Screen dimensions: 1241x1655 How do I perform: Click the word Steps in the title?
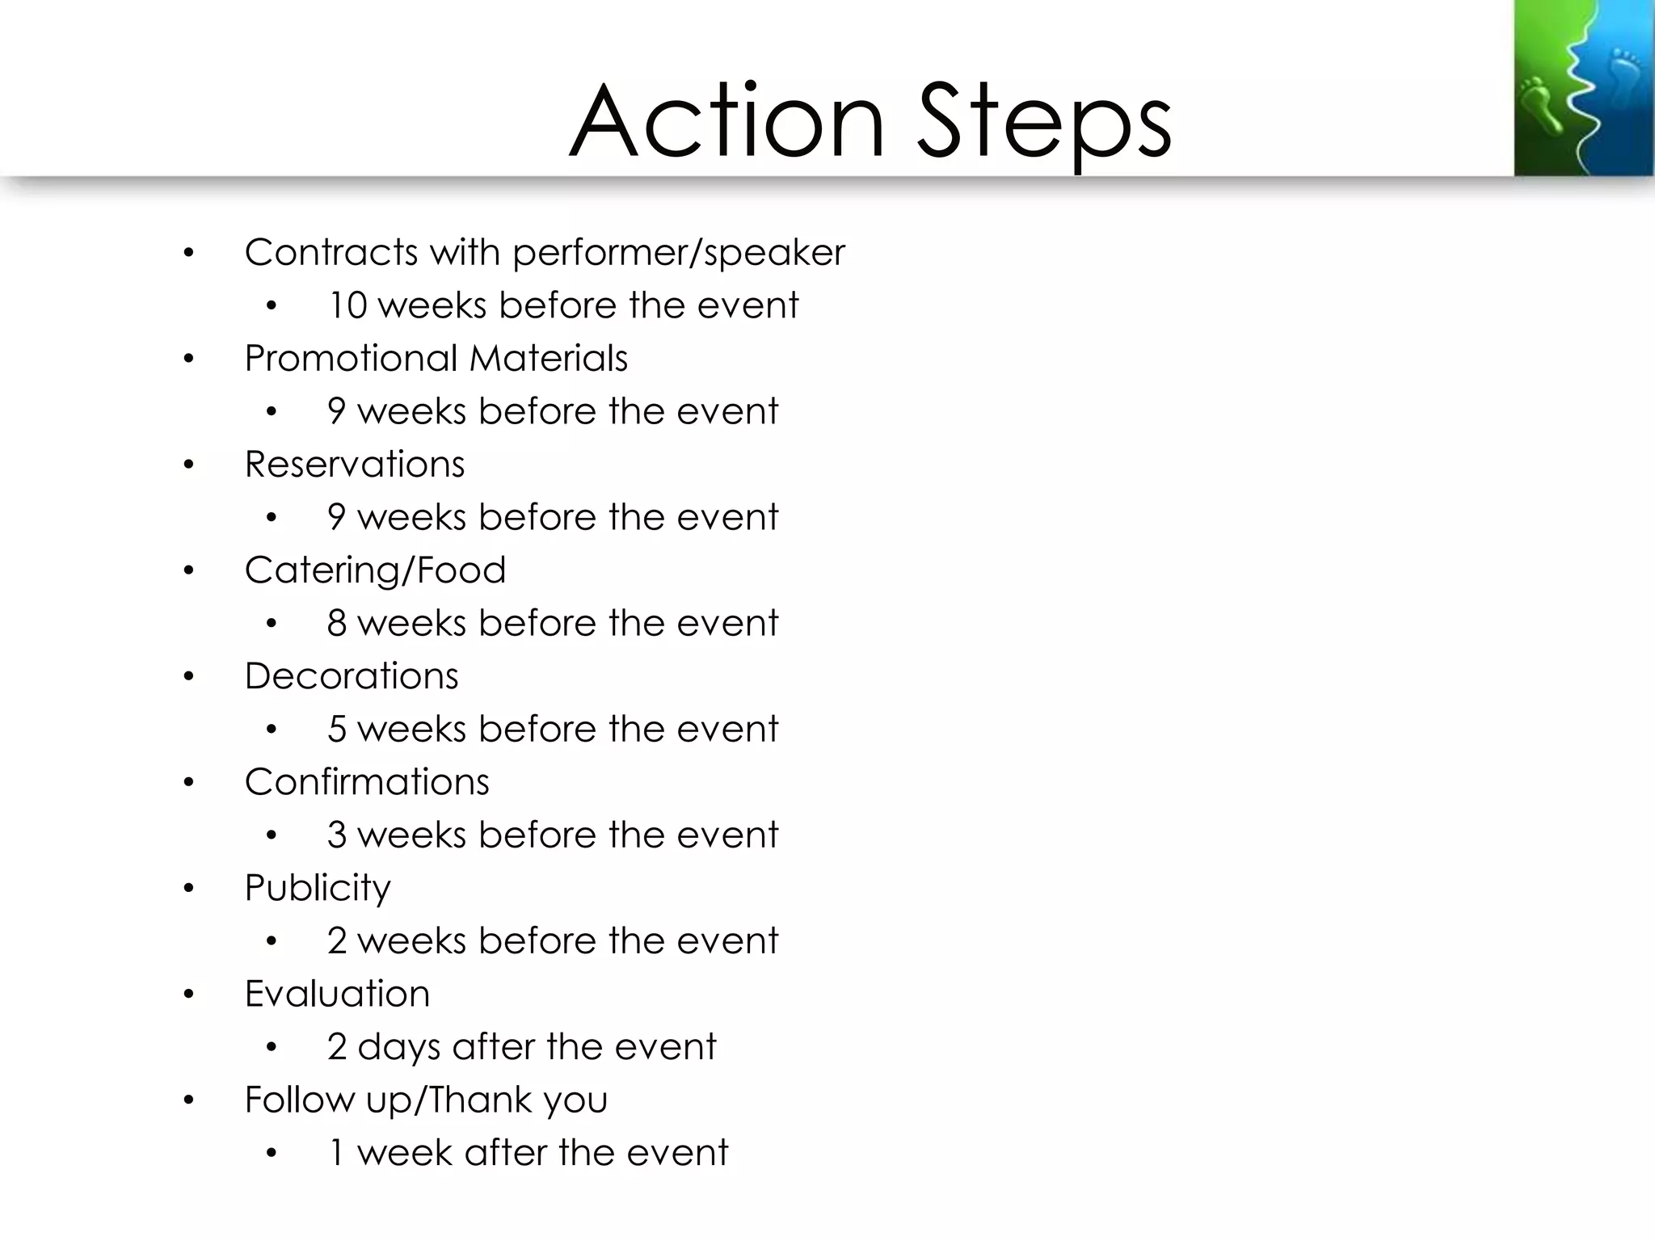click(1044, 123)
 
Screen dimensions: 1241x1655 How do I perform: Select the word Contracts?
click(332, 252)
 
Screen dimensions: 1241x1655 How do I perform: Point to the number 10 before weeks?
click(347, 305)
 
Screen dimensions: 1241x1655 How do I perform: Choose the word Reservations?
click(354, 464)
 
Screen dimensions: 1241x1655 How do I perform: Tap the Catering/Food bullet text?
click(375, 570)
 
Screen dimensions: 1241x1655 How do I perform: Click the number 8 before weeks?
click(337, 623)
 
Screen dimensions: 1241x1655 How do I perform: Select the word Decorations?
click(351, 675)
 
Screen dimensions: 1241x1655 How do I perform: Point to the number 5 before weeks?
click(337, 729)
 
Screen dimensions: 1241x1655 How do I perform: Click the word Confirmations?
click(366, 781)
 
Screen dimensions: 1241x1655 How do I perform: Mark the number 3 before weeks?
click(337, 835)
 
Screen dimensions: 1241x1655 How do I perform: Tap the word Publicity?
click(318, 888)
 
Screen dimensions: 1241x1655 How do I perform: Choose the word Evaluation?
click(337, 993)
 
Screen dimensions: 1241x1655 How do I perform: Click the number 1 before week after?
click(337, 1152)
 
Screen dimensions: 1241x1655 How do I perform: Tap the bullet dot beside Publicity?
click(189, 889)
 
